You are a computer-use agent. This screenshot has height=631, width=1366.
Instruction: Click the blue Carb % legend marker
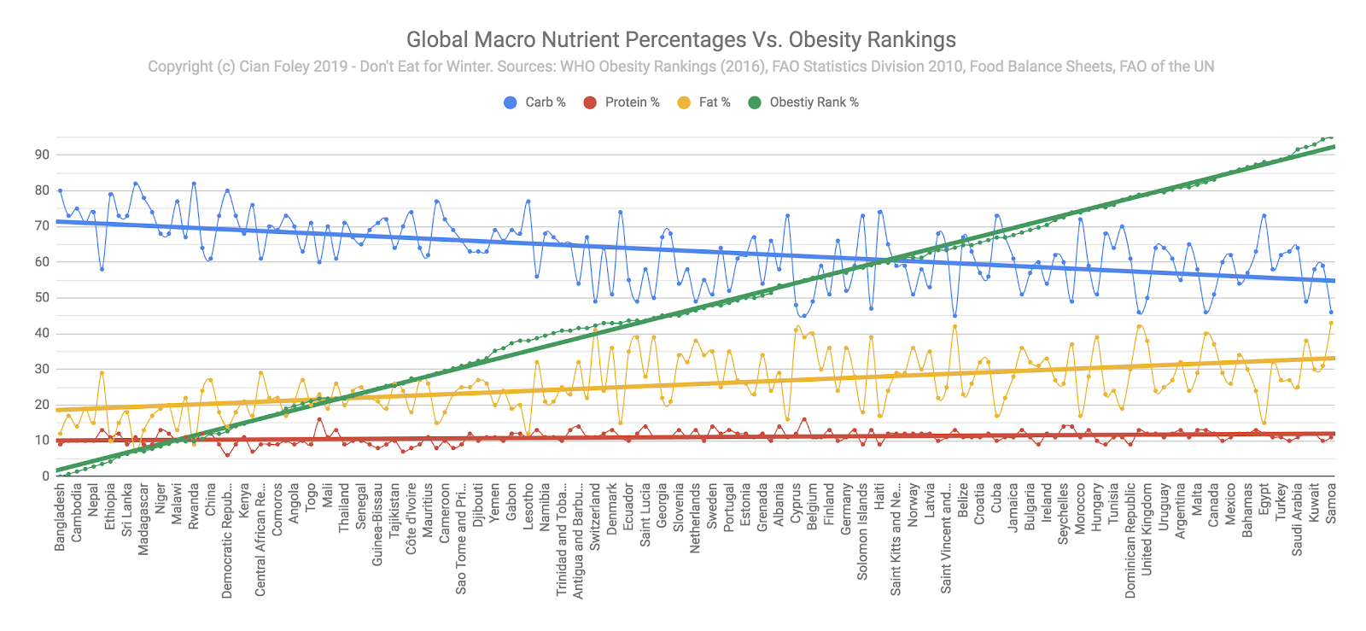511,102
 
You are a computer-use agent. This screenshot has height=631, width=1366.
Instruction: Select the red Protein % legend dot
590,102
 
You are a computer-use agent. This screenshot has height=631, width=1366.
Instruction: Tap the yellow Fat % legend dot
684,102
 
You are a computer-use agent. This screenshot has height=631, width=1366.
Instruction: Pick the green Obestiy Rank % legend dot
755,102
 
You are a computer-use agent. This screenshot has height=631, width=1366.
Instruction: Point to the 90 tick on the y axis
42,155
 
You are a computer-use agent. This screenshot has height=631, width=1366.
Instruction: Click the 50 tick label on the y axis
42,298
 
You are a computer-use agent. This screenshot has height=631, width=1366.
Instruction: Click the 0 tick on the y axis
46,476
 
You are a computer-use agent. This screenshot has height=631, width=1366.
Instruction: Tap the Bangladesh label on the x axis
60,517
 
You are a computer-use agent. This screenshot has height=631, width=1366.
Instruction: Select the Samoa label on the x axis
1331,503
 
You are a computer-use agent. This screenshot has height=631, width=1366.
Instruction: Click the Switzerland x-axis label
595,517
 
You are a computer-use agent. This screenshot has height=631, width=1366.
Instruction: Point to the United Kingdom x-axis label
1147,529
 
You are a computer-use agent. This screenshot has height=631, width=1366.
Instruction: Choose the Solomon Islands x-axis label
862,532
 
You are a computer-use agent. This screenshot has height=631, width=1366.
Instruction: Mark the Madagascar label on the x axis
143,520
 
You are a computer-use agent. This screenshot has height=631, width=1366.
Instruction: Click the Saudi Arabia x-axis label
1298,520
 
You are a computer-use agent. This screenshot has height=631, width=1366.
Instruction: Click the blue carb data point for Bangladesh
60,190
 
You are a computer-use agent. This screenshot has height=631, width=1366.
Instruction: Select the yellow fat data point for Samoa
1331,323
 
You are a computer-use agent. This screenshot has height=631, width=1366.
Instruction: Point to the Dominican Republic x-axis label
1130,540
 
